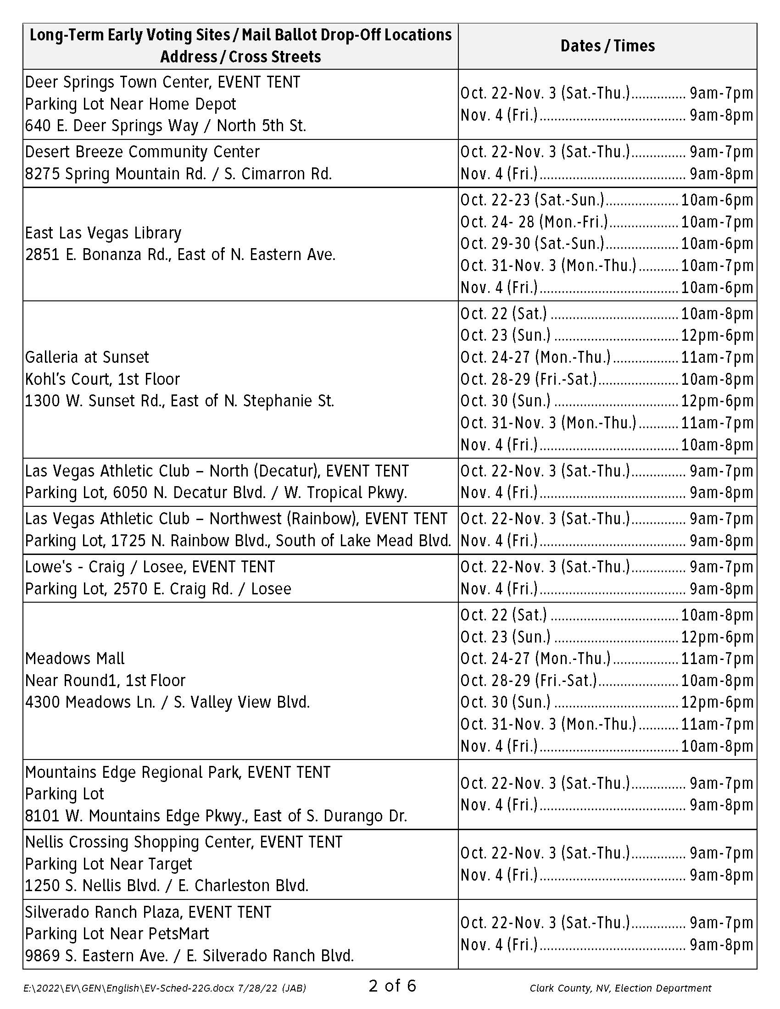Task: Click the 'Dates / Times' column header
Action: pos(607,46)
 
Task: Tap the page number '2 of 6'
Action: pos(392,986)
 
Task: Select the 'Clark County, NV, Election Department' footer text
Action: pos(620,988)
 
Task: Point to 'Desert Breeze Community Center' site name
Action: pos(142,151)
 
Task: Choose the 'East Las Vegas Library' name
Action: pos(103,233)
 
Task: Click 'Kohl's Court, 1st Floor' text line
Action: pos(102,379)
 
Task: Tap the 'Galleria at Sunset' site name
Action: pos(87,357)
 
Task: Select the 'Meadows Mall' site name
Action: pos(75,658)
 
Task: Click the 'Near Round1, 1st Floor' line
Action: pos(105,680)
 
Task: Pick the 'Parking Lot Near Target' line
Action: pos(108,864)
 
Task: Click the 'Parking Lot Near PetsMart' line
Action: pos(117,934)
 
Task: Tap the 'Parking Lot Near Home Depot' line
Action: pos(130,104)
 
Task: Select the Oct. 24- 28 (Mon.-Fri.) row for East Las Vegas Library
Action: pos(606,222)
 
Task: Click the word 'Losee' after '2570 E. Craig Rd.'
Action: pos(271,589)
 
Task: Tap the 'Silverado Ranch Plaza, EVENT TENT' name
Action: pos(148,912)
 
